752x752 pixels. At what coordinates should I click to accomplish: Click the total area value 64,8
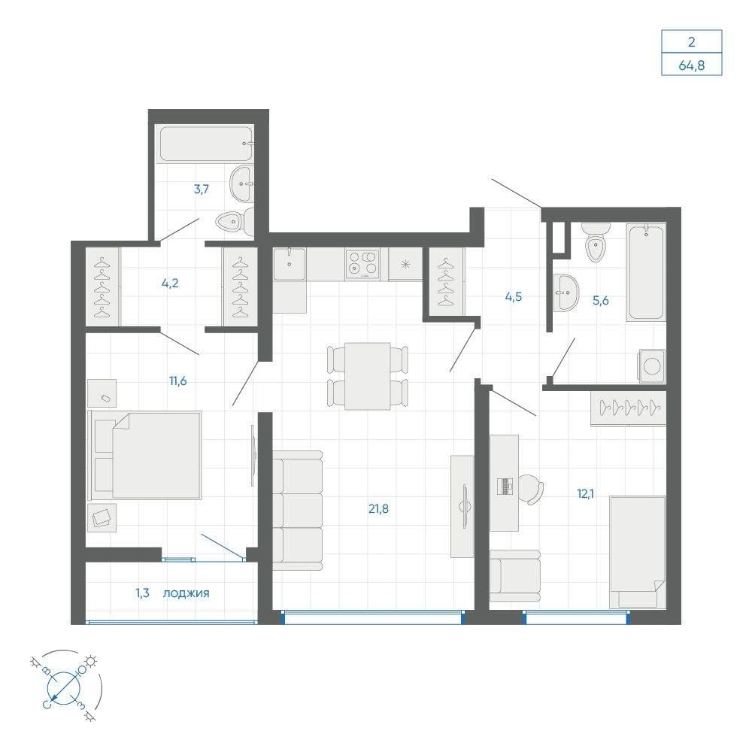point(692,65)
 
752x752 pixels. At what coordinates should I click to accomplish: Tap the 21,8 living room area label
point(378,509)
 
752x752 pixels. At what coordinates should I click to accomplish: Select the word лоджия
point(186,593)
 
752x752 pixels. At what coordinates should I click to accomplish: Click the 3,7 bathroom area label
point(202,189)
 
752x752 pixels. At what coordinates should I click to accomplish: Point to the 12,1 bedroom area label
point(585,493)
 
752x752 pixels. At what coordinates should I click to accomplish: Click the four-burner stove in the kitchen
point(362,263)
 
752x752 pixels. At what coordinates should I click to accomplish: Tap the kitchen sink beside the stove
point(290,263)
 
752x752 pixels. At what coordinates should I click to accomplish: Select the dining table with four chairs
point(368,376)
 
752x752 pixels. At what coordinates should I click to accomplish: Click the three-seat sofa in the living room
point(297,511)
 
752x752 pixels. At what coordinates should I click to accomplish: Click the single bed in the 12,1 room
point(638,552)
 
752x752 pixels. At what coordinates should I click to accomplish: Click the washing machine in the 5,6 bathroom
point(652,366)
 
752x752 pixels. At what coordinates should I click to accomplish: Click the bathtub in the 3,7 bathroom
point(206,144)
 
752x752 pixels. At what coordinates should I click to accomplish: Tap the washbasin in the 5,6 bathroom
point(566,293)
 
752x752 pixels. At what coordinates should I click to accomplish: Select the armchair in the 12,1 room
point(515,576)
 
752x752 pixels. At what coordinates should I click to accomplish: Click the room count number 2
point(691,42)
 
